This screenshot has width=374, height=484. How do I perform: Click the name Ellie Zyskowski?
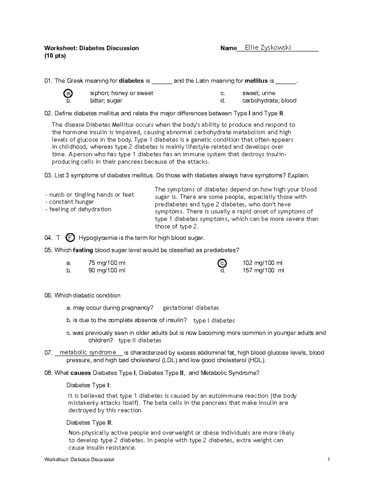(x=268, y=47)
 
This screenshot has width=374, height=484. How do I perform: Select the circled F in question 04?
(x=70, y=238)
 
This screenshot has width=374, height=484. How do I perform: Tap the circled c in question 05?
(x=222, y=263)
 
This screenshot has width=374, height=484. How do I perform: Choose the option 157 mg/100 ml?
(x=263, y=271)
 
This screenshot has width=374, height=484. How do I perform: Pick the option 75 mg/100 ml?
(x=107, y=263)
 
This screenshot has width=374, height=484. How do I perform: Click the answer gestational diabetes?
(x=191, y=308)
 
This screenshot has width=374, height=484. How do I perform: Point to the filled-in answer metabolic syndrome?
(x=88, y=352)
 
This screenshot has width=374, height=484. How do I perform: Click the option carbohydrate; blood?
(x=269, y=101)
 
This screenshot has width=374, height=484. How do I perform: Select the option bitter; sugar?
(x=106, y=101)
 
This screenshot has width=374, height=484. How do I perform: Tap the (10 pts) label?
(x=55, y=56)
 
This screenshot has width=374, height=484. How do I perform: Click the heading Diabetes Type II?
(x=89, y=423)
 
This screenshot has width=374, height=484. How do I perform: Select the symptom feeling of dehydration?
(x=78, y=209)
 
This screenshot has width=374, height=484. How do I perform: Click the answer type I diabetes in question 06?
(x=214, y=320)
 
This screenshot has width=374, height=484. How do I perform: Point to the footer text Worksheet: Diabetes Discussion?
(x=79, y=459)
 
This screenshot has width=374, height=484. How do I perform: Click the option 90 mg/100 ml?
(x=107, y=271)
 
